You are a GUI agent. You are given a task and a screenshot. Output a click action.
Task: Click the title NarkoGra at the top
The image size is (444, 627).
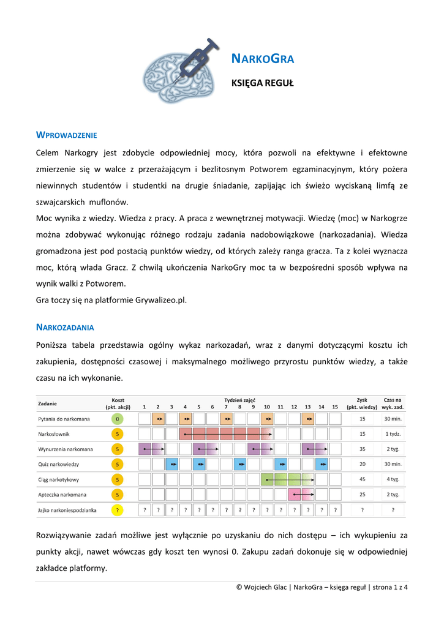263,59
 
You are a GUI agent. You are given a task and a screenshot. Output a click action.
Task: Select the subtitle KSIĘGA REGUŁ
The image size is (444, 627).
262,83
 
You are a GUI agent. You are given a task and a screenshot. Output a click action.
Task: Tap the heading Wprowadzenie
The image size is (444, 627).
67,135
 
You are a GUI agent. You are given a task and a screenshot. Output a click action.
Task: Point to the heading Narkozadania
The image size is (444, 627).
65,328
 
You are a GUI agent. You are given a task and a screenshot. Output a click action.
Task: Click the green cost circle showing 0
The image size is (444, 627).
118,419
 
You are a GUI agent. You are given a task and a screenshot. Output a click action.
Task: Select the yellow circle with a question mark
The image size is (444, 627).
118,509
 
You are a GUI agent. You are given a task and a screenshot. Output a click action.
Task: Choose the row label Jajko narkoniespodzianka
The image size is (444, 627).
67,509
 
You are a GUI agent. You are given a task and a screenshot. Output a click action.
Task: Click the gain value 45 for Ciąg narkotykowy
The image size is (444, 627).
362,479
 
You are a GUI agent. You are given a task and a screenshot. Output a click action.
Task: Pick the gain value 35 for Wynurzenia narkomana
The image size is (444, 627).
362,449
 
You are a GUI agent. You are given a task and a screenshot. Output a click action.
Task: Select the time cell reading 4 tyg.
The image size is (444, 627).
393,479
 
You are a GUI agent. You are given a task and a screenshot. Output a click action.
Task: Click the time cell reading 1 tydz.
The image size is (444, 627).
393,434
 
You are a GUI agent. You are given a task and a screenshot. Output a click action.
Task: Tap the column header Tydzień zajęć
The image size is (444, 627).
239,400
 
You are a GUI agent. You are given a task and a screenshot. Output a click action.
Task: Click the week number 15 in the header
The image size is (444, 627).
334,407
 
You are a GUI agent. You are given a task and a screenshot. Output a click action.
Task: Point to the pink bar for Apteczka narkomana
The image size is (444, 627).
301,494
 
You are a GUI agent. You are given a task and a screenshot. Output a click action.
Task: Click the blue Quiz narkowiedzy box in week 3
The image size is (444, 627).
172,464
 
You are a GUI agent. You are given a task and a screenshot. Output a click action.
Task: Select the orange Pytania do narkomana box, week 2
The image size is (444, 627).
158,419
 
